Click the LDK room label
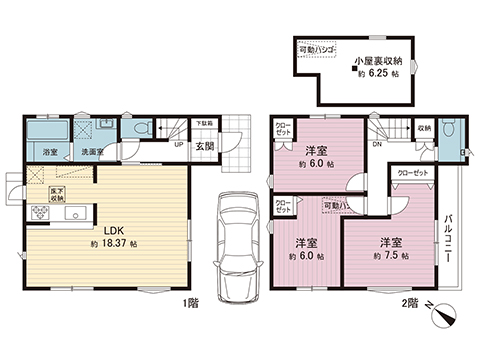pyautogui.click(x=104, y=229)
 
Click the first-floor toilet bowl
pyautogui.click(x=143, y=128)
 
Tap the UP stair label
pyautogui.click(x=178, y=143)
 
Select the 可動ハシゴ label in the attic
pyautogui.click(x=316, y=49)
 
